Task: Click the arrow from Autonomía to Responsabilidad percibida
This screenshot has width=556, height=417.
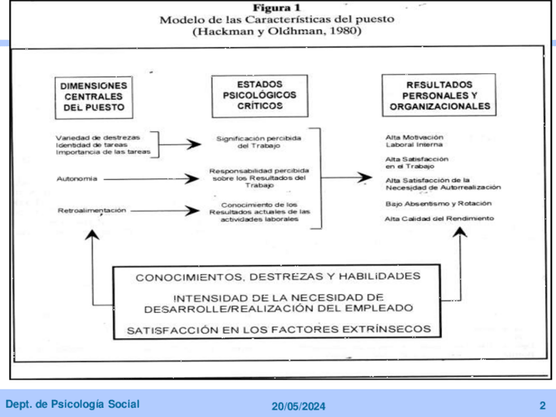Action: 151,178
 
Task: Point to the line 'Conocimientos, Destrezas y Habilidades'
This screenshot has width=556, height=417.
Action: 278,277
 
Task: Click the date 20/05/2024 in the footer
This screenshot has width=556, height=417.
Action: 298,406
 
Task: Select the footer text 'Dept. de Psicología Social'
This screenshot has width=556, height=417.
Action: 72,405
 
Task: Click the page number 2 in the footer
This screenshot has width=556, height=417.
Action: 542,405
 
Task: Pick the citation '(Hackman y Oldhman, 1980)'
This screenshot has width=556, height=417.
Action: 276,31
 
